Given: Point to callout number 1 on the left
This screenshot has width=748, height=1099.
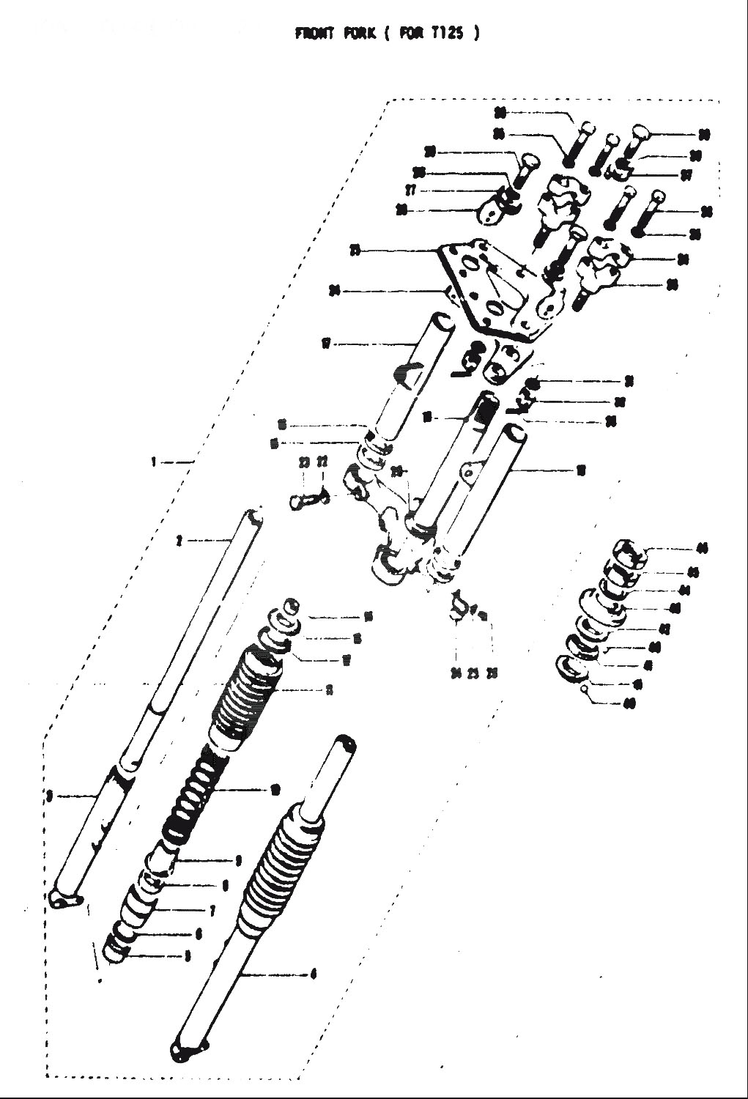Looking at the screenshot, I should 154,462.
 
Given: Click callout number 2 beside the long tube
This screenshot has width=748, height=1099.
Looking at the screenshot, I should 178,541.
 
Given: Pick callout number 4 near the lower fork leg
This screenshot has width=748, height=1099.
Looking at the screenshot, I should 314,974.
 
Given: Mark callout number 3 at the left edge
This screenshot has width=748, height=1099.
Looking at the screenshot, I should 48,794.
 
